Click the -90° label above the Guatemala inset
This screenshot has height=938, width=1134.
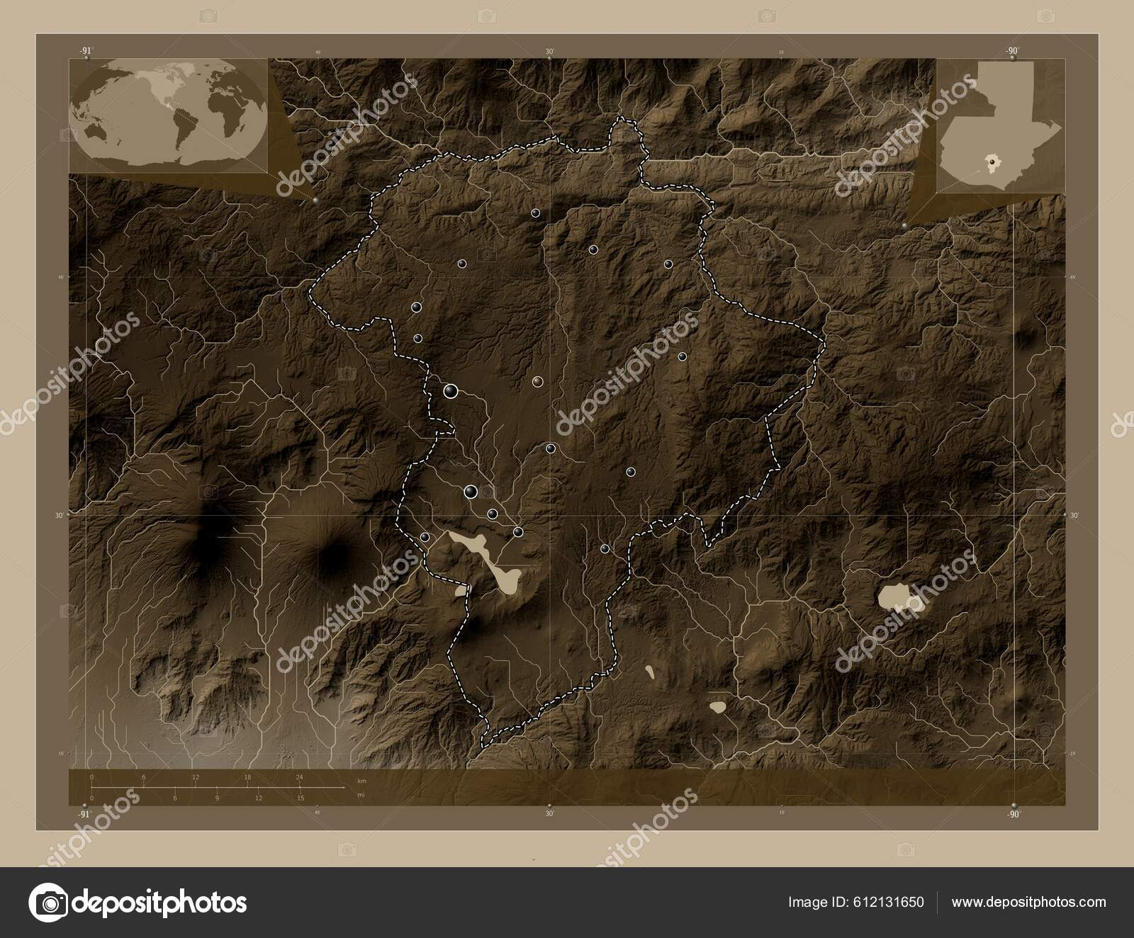[1011, 50]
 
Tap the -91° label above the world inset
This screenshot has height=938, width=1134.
[86, 50]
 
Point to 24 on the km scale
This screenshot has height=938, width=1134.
[299, 777]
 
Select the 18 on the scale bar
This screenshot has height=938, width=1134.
[247, 777]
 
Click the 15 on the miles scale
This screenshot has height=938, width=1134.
[301, 798]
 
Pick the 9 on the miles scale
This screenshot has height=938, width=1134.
[217, 798]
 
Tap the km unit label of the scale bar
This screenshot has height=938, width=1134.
[361, 780]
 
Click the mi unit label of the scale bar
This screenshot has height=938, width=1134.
[361, 795]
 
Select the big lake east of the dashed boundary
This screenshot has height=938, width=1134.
[897, 598]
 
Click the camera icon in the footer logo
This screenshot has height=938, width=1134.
[51, 903]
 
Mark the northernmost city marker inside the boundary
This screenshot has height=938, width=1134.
[535, 213]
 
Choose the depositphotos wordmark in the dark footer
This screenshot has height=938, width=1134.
[160, 903]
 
